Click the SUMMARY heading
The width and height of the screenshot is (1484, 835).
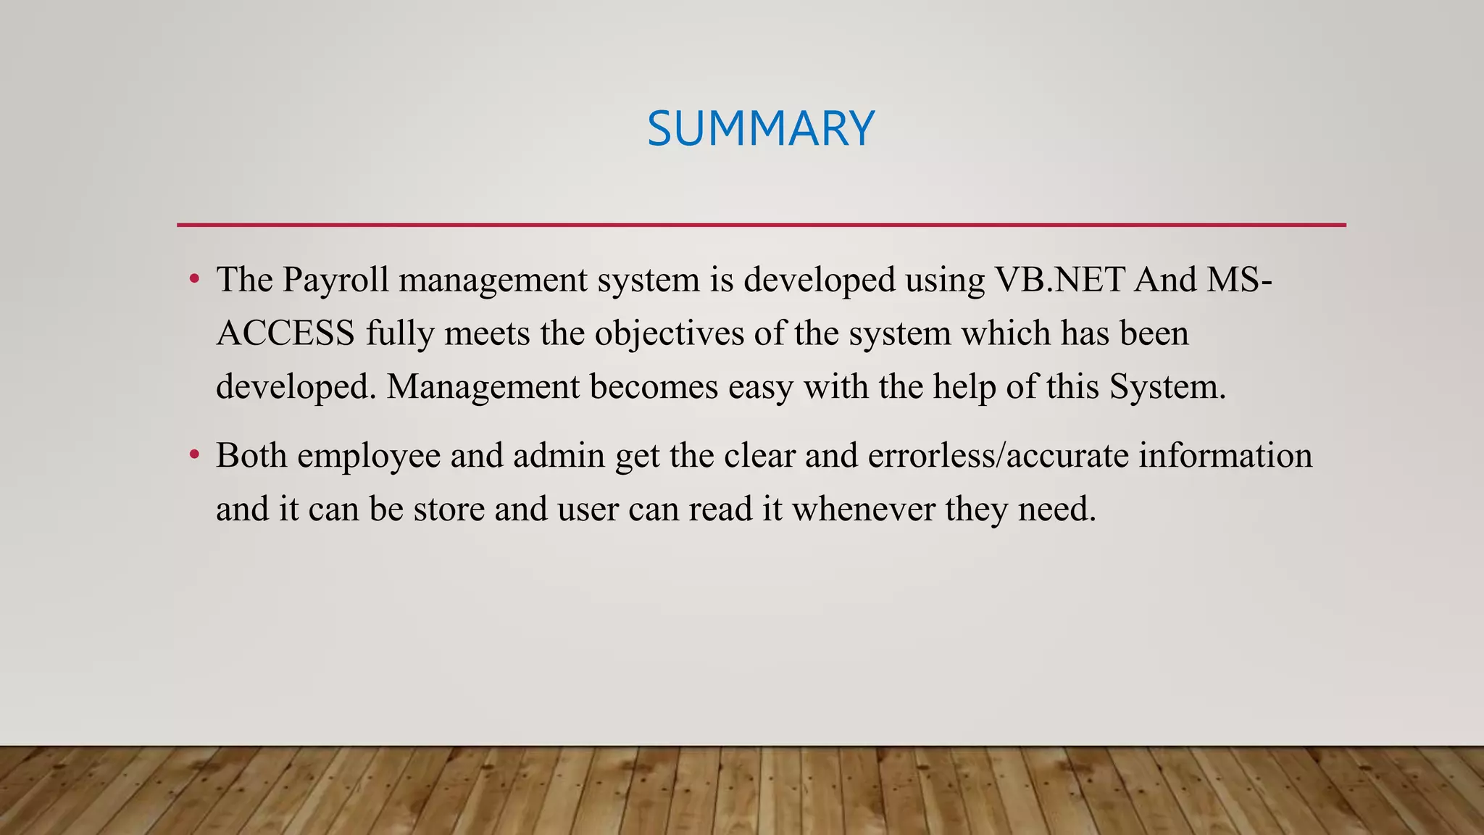coord(761,129)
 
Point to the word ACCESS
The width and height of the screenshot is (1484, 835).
coord(285,333)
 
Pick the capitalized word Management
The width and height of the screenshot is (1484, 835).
coord(483,387)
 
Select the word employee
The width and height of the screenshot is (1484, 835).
coord(369,456)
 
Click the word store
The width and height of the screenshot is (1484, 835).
coord(449,509)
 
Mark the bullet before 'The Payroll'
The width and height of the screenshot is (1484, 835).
coord(193,280)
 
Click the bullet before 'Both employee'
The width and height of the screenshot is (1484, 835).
coord(193,456)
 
